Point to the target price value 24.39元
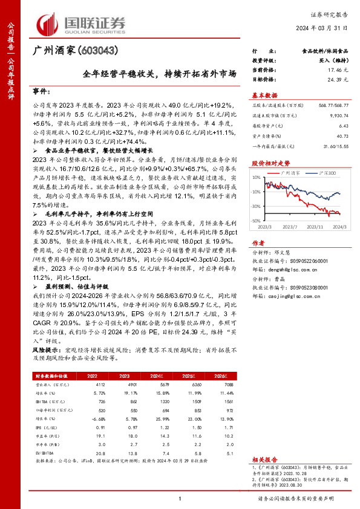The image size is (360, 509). point(336,79)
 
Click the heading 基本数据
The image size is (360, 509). point(264,96)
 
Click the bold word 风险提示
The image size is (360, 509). point(46,350)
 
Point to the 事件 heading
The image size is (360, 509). point(41,91)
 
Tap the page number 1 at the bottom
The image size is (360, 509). point(180,498)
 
